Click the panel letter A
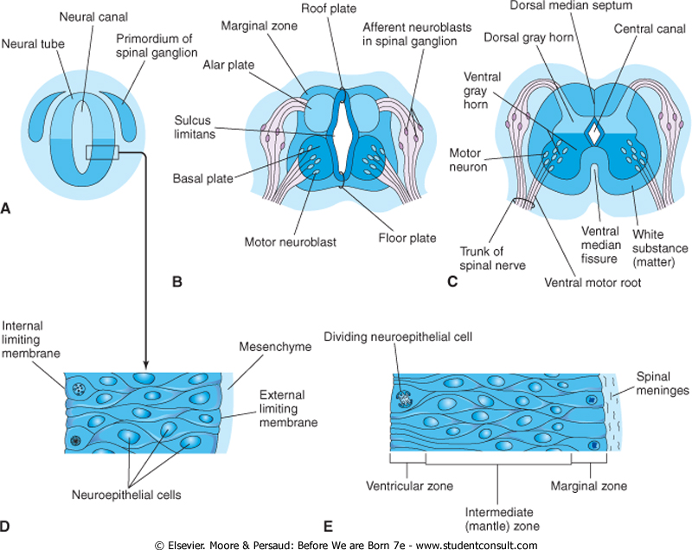[x=7, y=208]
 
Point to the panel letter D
[x=7, y=527]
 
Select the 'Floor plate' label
[x=407, y=238]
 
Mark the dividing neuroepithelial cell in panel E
[x=403, y=399]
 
